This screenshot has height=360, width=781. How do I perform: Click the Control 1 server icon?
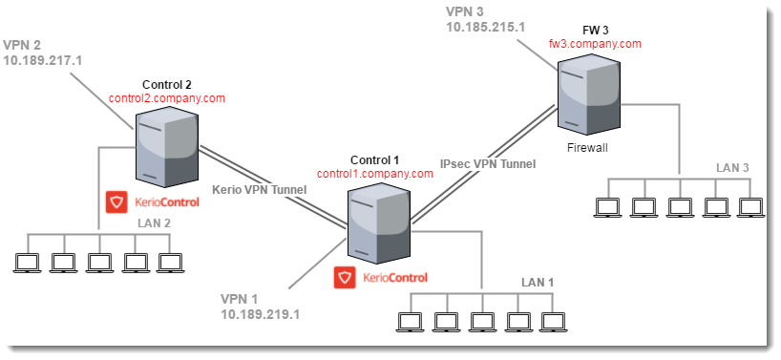click(x=379, y=222)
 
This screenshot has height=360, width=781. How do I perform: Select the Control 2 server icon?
click(x=167, y=146)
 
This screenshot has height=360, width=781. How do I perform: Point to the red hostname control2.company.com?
click(x=167, y=97)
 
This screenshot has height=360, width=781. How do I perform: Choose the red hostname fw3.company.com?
click(x=595, y=43)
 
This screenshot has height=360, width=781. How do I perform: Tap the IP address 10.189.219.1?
click(x=261, y=313)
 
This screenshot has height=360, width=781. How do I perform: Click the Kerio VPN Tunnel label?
click(x=259, y=189)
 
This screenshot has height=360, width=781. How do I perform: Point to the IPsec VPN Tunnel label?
click(x=488, y=163)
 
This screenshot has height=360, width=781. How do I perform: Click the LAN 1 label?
click(x=537, y=282)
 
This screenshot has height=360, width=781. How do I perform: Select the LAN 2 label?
click(x=154, y=222)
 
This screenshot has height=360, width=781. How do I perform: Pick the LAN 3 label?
click(x=732, y=168)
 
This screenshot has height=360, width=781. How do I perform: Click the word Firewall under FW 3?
click(x=587, y=148)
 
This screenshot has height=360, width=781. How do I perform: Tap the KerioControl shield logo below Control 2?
click(x=116, y=201)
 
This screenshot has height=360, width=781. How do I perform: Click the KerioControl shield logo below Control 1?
click(x=344, y=278)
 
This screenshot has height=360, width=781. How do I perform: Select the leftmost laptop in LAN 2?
click(x=28, y=261)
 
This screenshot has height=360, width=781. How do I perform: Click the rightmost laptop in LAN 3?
click(x=750, y=205)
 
